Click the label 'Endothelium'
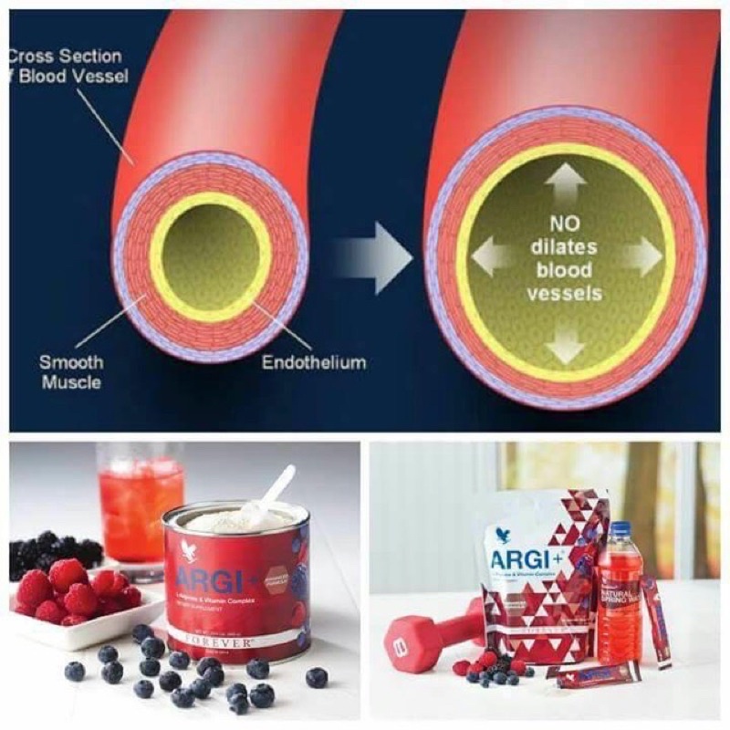tap(314, 362)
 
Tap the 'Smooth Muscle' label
tap(70, 371)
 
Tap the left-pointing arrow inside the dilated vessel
tap(492, 255)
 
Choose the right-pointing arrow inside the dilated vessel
tap(641, 255)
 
